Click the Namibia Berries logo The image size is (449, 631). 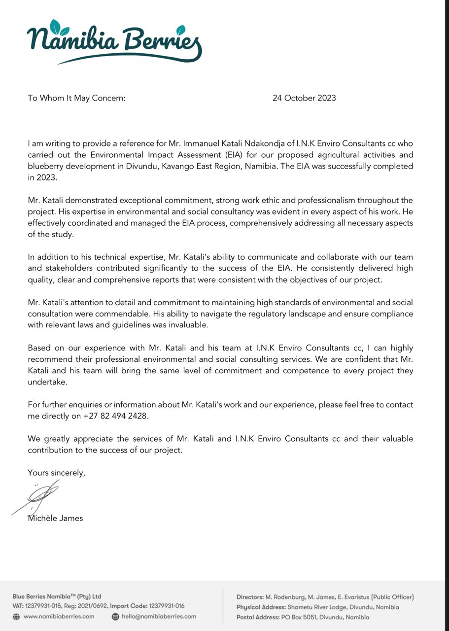114,42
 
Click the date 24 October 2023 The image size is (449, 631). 304,98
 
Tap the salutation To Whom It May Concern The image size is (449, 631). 76,98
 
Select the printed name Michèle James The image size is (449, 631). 55,518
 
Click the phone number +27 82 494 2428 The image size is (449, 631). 116,416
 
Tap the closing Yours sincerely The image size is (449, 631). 56,472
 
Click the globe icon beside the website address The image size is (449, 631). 16,616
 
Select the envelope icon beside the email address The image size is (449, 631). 115,616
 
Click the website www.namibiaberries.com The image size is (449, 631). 59,616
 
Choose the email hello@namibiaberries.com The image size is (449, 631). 159,616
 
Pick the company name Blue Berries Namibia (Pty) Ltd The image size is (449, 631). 57,596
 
